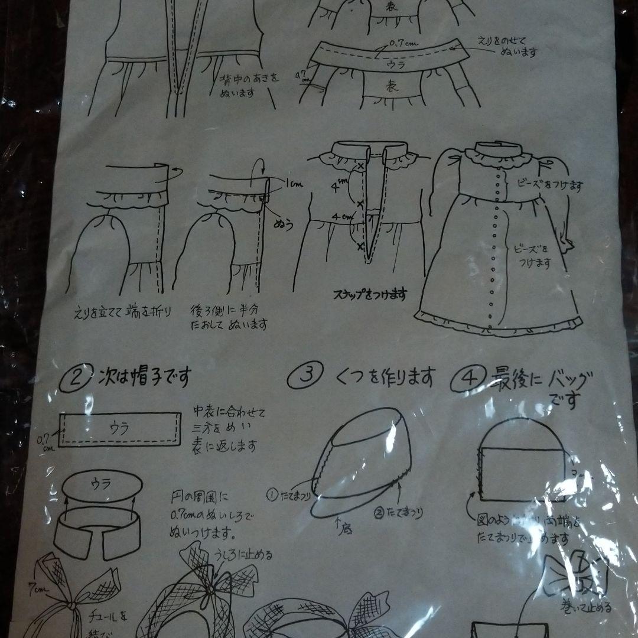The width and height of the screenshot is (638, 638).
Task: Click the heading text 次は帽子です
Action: tap(144, 377)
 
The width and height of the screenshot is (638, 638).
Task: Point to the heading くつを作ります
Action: tap(385, 376)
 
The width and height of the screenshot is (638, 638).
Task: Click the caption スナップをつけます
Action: tap(370, 293)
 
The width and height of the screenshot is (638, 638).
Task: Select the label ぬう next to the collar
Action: tap(283, 225)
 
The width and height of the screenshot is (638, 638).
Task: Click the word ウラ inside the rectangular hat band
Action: tap(120, 427)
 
